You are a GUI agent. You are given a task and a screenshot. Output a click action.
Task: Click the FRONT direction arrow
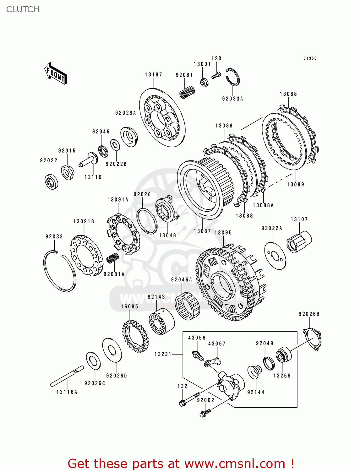coord(56,73)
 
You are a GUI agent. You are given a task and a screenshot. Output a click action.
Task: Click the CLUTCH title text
coord(23,9)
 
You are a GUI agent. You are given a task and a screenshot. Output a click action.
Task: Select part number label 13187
coord(154,74)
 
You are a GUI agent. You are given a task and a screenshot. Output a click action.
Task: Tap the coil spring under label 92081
coord(187,92)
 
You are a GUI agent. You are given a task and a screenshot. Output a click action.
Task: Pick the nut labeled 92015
coord(68,172)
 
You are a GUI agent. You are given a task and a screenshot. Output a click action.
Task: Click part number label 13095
coord(223,232)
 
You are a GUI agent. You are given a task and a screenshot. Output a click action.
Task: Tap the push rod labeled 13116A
coord(67,376)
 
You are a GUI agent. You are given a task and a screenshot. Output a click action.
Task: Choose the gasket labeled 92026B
coord(312,339)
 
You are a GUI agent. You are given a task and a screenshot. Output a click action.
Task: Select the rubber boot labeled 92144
coord(255,372)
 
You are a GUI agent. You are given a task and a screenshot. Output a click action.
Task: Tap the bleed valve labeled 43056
coord(198,355)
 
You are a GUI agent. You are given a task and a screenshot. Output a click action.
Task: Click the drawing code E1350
coord(310,58)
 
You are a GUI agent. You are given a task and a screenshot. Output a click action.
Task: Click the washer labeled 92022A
coord(275,256)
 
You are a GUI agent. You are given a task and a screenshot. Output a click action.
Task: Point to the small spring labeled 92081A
coord(112,258)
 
